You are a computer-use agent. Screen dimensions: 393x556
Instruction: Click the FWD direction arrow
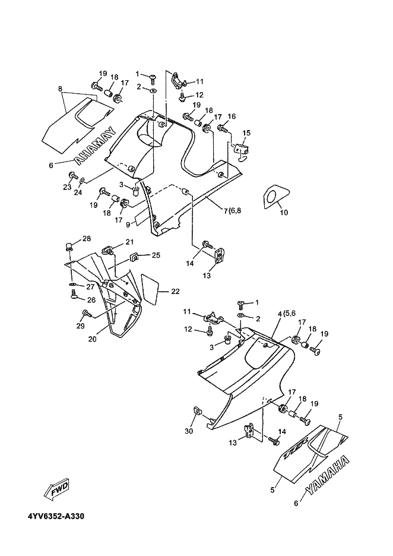point(57,489)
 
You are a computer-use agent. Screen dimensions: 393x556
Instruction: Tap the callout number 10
point(284,213)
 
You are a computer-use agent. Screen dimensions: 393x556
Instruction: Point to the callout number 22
point(175,292)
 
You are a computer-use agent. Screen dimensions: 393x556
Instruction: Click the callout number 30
point(189,431)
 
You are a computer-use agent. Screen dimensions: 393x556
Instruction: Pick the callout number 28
point(87,238)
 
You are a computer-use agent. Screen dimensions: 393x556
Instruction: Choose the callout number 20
point(93,339)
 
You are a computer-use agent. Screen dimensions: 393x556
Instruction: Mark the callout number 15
point(246,133)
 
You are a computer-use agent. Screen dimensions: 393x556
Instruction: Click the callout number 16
point(232,116)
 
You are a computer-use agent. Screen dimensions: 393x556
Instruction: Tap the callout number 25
point(156,255)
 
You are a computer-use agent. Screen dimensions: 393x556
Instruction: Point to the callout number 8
point(60,89)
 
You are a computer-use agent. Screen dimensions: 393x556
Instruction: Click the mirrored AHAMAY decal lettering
point(96,146)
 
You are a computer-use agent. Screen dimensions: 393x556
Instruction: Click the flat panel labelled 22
point(150,289)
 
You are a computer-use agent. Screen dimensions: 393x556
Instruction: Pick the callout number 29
point(81,326)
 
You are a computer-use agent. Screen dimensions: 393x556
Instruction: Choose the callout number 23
point(67,187)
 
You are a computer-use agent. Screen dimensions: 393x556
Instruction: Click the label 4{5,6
point(287,314)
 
